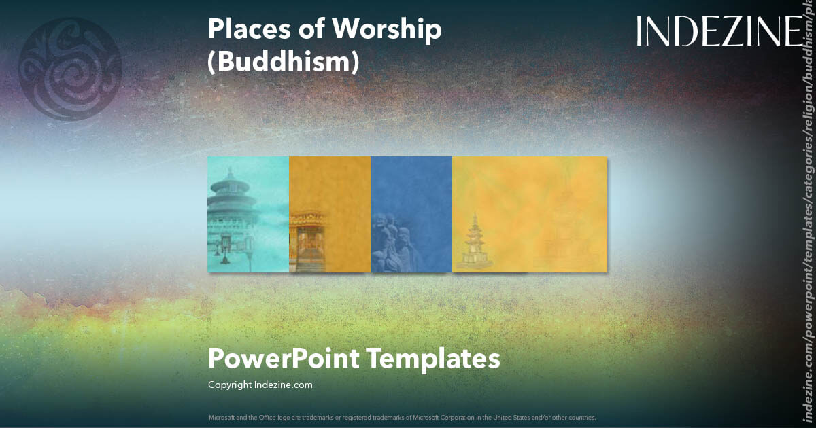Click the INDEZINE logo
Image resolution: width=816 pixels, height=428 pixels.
click(x=719, y=31)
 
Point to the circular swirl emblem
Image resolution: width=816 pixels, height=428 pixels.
click(x=70, y=69)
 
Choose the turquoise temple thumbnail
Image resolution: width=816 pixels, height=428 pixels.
click(x=248, y=214)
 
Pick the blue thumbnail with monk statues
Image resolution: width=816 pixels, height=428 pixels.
click(x=411, y=214)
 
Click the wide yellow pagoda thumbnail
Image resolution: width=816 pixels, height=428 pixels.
click(x=530, y=214)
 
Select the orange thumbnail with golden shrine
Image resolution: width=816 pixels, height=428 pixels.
click(x=330, y=214)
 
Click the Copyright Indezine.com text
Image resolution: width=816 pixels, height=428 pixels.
click(x=260, y=385)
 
